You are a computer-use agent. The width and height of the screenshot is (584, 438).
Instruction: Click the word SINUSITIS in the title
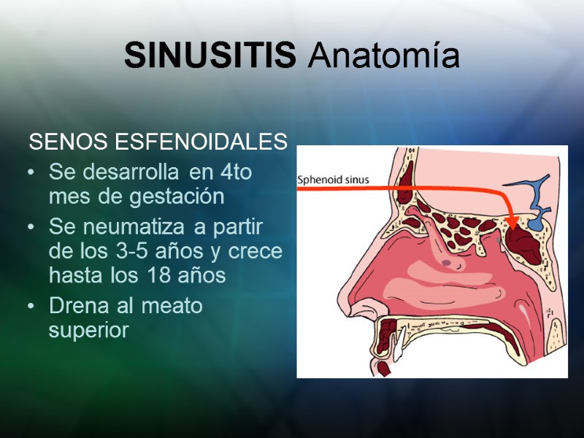coord(210,55)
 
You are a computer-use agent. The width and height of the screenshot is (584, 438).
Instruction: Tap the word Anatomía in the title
coord(383,57)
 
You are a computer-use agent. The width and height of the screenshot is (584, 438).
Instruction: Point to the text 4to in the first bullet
coord(241,173)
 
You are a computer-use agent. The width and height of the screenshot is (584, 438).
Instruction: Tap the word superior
coord(88,330)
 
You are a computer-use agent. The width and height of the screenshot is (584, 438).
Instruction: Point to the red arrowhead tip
coord(512,227)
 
